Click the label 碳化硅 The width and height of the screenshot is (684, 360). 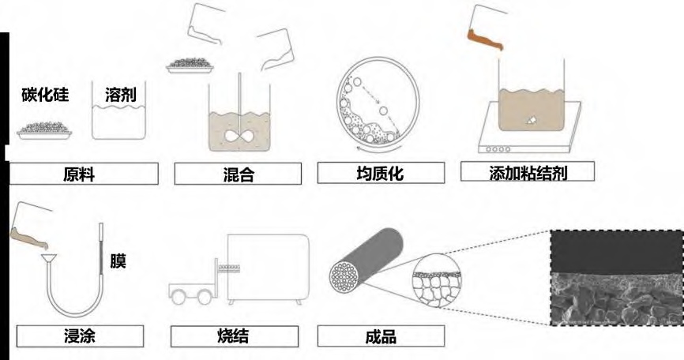45,95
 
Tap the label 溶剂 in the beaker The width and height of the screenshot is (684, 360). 121,95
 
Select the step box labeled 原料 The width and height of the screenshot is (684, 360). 84,174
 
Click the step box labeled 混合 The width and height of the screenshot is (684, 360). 238,174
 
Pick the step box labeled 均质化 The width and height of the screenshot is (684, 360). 381,173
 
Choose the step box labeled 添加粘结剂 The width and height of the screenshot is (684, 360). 528,171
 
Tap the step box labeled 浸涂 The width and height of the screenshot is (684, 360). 80,336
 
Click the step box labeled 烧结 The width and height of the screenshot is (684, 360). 235,336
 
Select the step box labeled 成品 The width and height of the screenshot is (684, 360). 381,336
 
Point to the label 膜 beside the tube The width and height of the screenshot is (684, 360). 118,261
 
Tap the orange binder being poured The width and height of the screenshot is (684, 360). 484,39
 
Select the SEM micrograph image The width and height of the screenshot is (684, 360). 617,277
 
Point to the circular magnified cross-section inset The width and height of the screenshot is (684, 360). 436,281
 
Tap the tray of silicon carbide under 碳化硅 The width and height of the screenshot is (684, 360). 44,131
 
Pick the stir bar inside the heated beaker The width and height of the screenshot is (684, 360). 531,120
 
